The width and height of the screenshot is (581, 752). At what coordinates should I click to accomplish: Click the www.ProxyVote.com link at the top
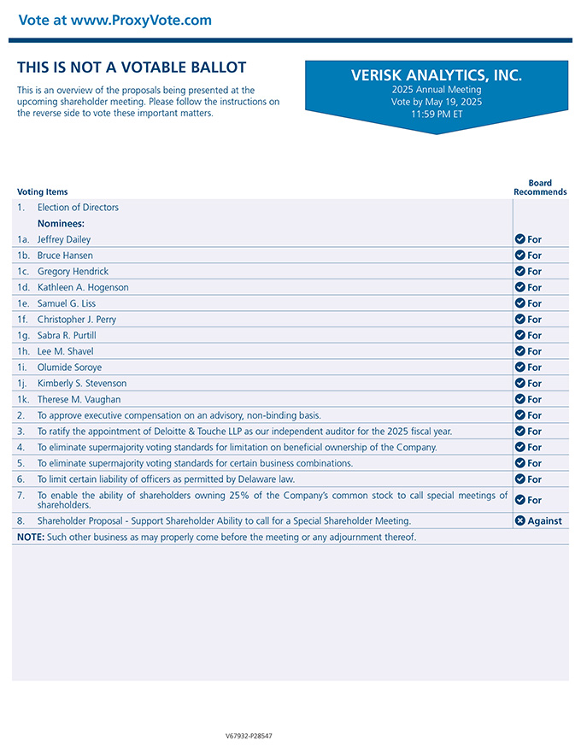141,20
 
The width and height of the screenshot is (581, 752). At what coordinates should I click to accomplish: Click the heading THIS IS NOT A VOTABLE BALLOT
132,68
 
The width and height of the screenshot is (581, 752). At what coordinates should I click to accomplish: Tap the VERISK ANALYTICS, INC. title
436,75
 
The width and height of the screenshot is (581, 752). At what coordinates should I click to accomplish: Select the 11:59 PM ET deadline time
436,114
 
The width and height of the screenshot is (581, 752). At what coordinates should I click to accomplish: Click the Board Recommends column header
540,187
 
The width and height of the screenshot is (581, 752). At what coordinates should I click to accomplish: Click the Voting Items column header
43,192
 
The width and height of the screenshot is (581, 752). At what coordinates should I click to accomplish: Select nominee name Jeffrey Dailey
64,239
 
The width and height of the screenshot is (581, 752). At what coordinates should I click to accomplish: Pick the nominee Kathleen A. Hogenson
83,287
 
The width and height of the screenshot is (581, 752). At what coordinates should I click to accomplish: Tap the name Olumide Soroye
69,367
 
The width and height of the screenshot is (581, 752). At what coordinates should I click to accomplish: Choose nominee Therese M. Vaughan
79,399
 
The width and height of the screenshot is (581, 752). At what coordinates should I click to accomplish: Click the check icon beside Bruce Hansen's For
519,256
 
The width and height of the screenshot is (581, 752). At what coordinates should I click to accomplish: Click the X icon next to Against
519,520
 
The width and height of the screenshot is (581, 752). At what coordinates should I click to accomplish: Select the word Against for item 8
544,520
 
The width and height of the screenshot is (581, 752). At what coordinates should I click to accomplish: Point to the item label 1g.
24,335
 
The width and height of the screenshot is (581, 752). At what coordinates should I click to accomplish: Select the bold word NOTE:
31,537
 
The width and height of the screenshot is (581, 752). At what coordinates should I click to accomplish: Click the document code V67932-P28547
249,736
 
